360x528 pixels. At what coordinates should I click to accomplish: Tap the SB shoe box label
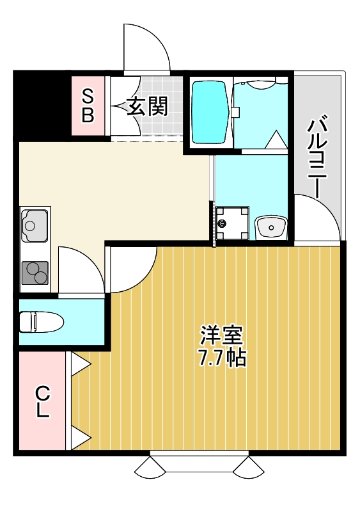tap(88, 106)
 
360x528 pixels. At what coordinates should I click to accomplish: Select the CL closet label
tap(42, 401)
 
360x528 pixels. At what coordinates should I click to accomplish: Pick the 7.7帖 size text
tap(221, 358)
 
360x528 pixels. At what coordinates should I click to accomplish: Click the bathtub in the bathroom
tap(210, 112)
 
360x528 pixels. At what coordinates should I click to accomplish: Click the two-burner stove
tap(35, 273)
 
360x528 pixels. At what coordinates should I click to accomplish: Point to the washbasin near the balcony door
tap(272, 227)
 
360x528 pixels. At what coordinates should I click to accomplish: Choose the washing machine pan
tap(231, 223)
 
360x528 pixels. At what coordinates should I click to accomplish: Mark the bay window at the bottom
tap(199, 465)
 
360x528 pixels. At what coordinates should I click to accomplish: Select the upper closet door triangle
tap(79, 364)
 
